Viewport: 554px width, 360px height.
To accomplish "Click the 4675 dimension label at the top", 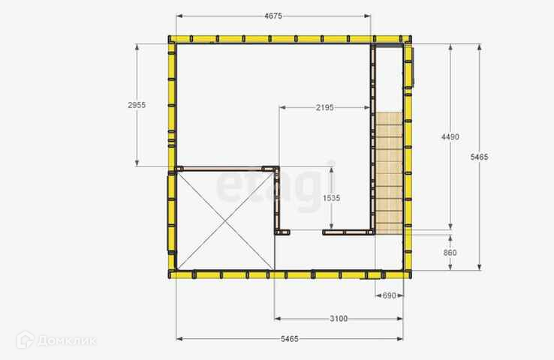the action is click(x=273, y=16).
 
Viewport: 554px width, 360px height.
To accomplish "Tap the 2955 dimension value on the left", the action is click(x=137, y=105).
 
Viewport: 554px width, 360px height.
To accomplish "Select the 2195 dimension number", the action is click(x=325, y=107).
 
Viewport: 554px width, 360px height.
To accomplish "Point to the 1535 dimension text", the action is click(x=331, y=198).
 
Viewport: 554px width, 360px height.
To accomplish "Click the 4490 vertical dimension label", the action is click(x=450, y=136).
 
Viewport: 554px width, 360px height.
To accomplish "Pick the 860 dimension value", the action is click(x=450, y=253).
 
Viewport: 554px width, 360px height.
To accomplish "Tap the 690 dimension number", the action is click(x=389, y=295).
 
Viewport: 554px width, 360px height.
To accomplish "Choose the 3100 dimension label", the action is click(x=339, y=319).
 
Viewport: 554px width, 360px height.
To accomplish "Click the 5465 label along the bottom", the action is click(x=290, y=339).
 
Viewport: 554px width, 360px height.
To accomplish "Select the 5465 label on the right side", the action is click(x=479, y=157).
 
